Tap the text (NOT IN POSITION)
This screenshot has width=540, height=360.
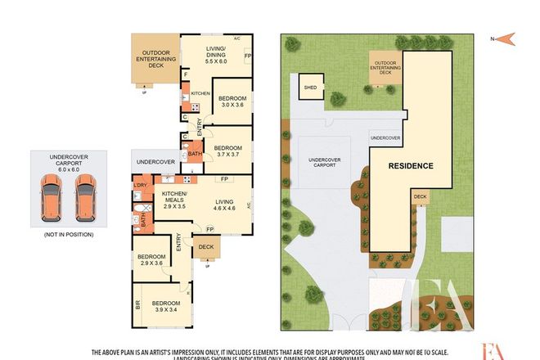tap(68, 235)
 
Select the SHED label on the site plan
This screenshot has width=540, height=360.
tap(310, 87)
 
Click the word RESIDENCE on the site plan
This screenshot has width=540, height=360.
tap(410, 165)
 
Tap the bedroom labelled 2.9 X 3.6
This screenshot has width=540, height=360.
tap(152, 259)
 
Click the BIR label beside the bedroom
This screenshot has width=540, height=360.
tap(137, 305)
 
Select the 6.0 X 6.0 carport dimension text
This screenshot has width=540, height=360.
tap(69, 171)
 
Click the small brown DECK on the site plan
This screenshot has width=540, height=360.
tap(420, 196)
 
